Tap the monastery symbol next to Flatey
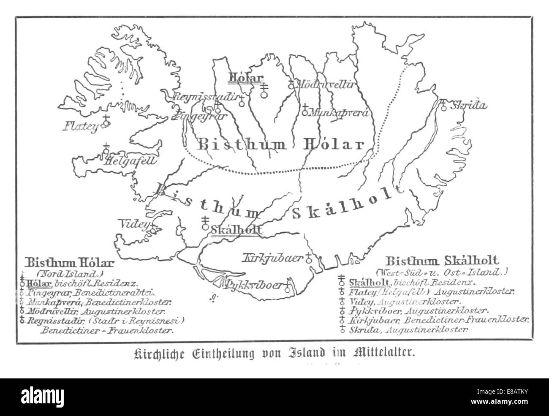106,120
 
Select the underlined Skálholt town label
236,230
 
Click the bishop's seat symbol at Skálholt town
206,223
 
